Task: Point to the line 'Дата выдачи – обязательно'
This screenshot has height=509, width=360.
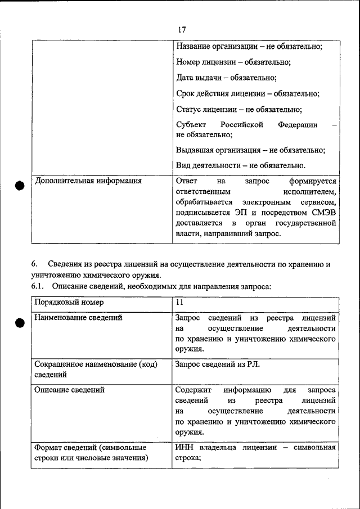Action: [226, 78]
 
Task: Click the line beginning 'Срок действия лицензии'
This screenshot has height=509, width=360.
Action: [247, 94]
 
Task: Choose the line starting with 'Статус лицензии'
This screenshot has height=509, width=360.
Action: [238, 110]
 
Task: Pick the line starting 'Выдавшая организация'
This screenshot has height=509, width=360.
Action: [250, 150]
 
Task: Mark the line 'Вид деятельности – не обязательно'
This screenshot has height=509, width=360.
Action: [240, 166]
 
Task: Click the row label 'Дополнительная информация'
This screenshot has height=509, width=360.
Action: [88, 182]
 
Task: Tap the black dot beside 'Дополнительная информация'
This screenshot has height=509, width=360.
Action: [20, 186]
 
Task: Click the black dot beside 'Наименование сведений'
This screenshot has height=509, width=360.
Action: [20, 322]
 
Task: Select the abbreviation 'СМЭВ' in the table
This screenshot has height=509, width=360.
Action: [323, 213]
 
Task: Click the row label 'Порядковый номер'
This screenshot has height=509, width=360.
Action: [69, 303]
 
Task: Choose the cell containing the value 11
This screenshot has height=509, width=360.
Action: [179, 303]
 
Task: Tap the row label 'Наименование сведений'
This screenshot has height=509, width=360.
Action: [79, 318]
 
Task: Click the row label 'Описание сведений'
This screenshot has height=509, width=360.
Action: [70, 390]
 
